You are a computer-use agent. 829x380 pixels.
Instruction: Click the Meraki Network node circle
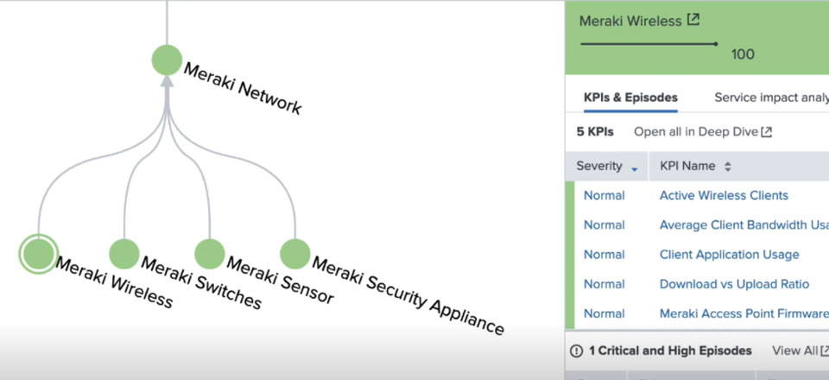click(x=167, y=60)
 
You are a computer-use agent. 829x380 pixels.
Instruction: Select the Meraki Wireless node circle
click(x=38, y=253)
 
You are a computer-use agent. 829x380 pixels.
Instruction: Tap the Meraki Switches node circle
click(x=124, y=254)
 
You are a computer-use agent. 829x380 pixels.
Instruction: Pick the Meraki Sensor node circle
click(x=209, y=254)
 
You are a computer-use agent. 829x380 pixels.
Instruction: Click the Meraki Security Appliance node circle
click(x=294, y=254)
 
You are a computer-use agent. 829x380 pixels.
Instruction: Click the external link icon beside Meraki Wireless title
click(x=693, y=20)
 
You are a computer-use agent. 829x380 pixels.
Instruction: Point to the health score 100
click(x=743, y=54)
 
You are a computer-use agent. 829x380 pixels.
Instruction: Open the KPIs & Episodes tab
click(x=630, y=98)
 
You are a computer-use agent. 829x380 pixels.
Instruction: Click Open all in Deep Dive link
click(x=702, y=132)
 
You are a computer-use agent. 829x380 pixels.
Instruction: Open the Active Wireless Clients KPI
click(x=724, y=195)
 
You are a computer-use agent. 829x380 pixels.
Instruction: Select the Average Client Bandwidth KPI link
click(x=743, y=225)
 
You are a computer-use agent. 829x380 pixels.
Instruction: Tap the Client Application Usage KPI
click(x=729, y=255)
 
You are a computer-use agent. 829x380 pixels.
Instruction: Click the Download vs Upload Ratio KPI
click(x=734, y=284)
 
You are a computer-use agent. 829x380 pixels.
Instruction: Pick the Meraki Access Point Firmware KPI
click(x=743, y=313)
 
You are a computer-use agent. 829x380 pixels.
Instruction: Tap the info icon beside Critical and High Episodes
click(x=577, y=351)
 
